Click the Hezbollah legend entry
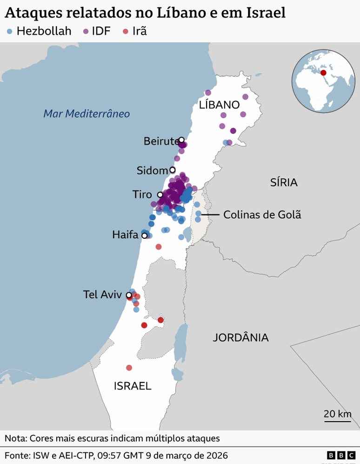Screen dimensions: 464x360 [39, 32]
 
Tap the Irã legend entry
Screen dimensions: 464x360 [134, 32]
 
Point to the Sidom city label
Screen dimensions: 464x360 [152, 170]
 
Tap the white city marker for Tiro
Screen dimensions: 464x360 [160, 195]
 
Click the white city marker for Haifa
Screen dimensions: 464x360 [144, 236]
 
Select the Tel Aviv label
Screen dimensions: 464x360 [102, 295]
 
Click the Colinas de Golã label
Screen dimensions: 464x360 [262, 215]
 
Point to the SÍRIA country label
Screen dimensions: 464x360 [284, 182]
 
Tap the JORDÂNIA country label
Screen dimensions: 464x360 [240, 338]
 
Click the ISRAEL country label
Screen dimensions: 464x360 [133, 386]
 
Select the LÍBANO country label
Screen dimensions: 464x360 [219, 105]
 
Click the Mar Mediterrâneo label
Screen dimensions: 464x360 [87, 114]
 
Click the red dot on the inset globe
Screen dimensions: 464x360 [323, 72]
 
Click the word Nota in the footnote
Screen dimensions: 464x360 [15, 438]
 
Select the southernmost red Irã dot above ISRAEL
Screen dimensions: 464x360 [129, 368]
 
